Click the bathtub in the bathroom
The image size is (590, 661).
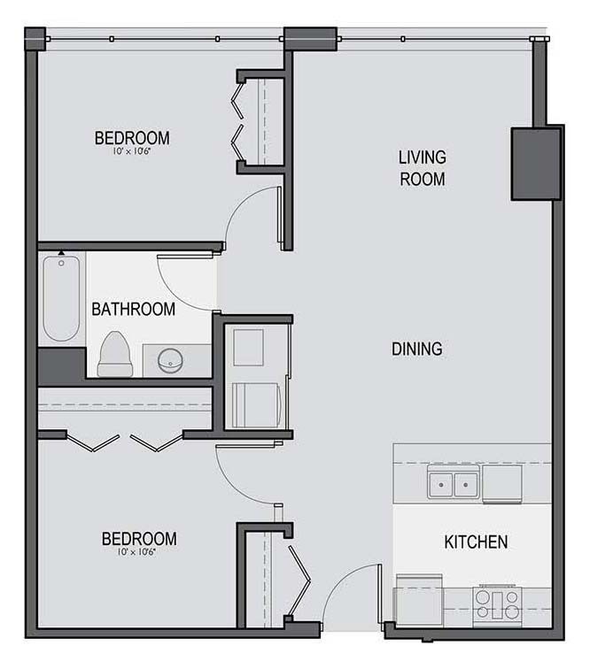pyautogui.click(x=61, y=298)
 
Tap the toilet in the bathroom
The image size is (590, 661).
pyautogui.click(x=115, y=354)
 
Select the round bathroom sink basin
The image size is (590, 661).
pyautogui.click(x=170, y=361)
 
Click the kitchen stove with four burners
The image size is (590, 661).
pyautogui.click(x=497, y=606)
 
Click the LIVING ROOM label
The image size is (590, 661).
pyautogui.click(x=423, y=168)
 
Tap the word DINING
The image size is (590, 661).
pyautogui.click(x=417, y=349)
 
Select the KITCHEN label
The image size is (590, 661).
pyautogui.click(x=476, y=542)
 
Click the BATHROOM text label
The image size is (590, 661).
pyautogui.click(x=134, y=309)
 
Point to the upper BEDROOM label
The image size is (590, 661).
pyautogui.click(x=132, y=138)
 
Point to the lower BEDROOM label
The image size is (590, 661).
pyautogui.click(x=139, y=539)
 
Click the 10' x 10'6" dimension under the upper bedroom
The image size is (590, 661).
pyautogui.click(x=132, y=151)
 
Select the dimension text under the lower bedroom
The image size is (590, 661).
pyautogui.click(x=136, y=552)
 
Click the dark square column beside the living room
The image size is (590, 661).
pyautogui.click(x=536, y=164)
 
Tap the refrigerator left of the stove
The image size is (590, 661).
pyautogui.click(x=419, y=601)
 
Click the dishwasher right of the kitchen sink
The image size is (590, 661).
pyautogui.click(x=501, y=484)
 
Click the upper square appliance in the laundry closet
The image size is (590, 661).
pyautogui.click(x=249, y=348)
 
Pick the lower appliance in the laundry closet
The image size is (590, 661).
pyautogui.click(x=256, y=405)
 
